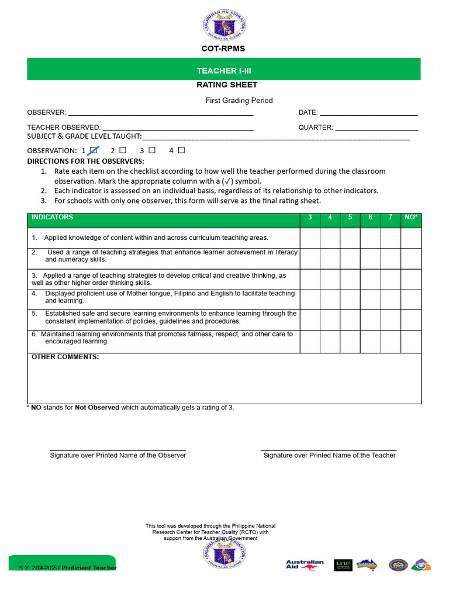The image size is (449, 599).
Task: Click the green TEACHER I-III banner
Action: tap(224, 70)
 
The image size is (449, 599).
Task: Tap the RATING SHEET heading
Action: tap(227, 85)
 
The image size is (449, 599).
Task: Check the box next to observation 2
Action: tap(123, 150)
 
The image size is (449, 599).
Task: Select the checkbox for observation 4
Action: tap(181, 150)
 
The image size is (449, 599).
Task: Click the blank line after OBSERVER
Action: tap(161, 113)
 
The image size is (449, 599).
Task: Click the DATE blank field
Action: tap(368, 113)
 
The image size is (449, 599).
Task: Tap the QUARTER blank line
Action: tap(377, 128)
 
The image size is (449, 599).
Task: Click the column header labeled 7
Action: tap(391, 218)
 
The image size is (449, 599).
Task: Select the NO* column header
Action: tap(411, 218)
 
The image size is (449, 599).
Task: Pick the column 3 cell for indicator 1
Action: tap(310, 238)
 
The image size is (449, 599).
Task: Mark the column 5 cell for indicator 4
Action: tap(350, 299)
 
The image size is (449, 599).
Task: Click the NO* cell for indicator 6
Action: tap(411, 341)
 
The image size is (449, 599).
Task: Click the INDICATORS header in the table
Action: tap(53, 218)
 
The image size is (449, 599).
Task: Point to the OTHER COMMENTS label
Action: tap(65, 357)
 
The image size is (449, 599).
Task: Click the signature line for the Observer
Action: tap(118, 450)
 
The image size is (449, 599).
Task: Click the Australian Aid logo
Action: tap(305, 565)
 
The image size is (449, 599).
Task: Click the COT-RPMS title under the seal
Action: tap(223, 49)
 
